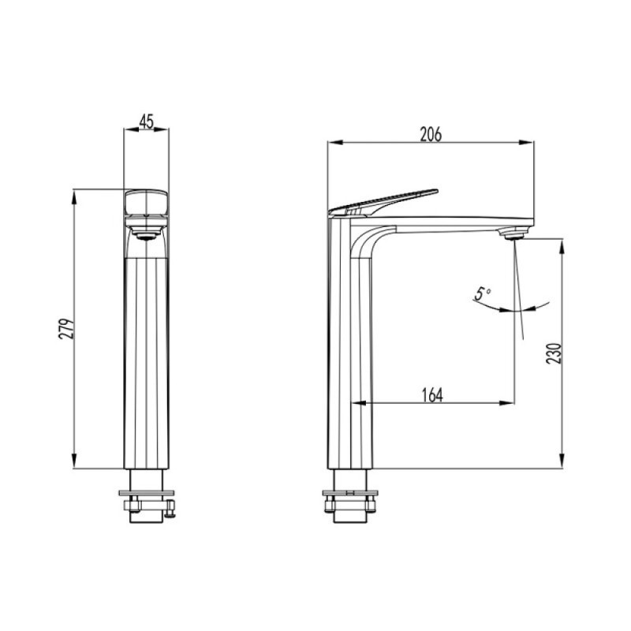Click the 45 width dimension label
pyautogui.click(x=147, y=121)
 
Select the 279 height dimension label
pyautogui.click(x=67, y=329)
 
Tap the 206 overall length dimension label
pyautogui.click(x=431, y=134)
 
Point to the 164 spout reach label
pyautogui.click(x=432, y=395)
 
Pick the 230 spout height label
pyautogui.click(x=554, y=353)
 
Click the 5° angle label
pyautogui.click(x=482, y=293)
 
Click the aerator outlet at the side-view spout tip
pyautogui.click(x=512, y=233)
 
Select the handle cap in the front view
pyautogui.click(x=147, y=203)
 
